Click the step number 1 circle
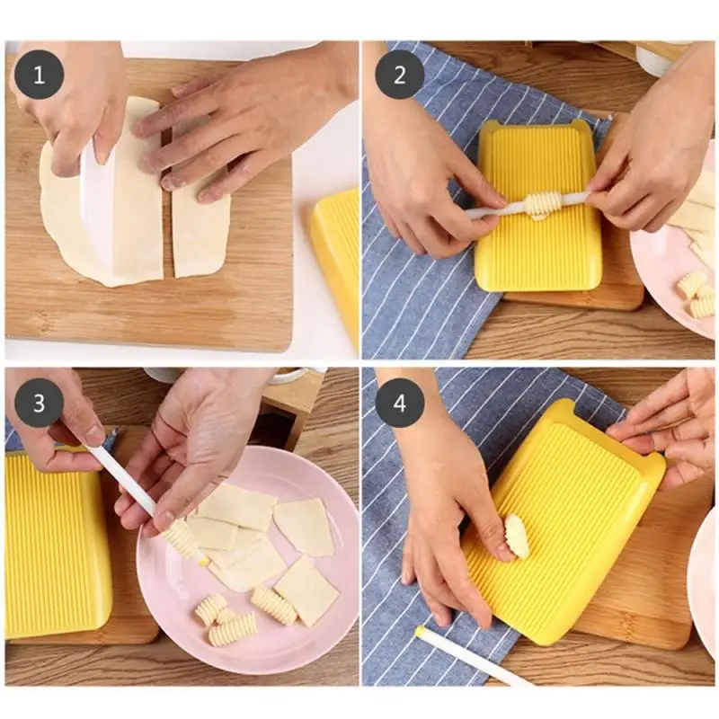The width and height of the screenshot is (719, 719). point(39,75)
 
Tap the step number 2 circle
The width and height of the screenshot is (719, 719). point(399,75)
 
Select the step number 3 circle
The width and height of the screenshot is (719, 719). point(39,403)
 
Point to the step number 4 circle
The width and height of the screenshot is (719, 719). point(399,403)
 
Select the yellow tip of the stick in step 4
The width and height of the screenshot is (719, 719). point(419,632)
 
